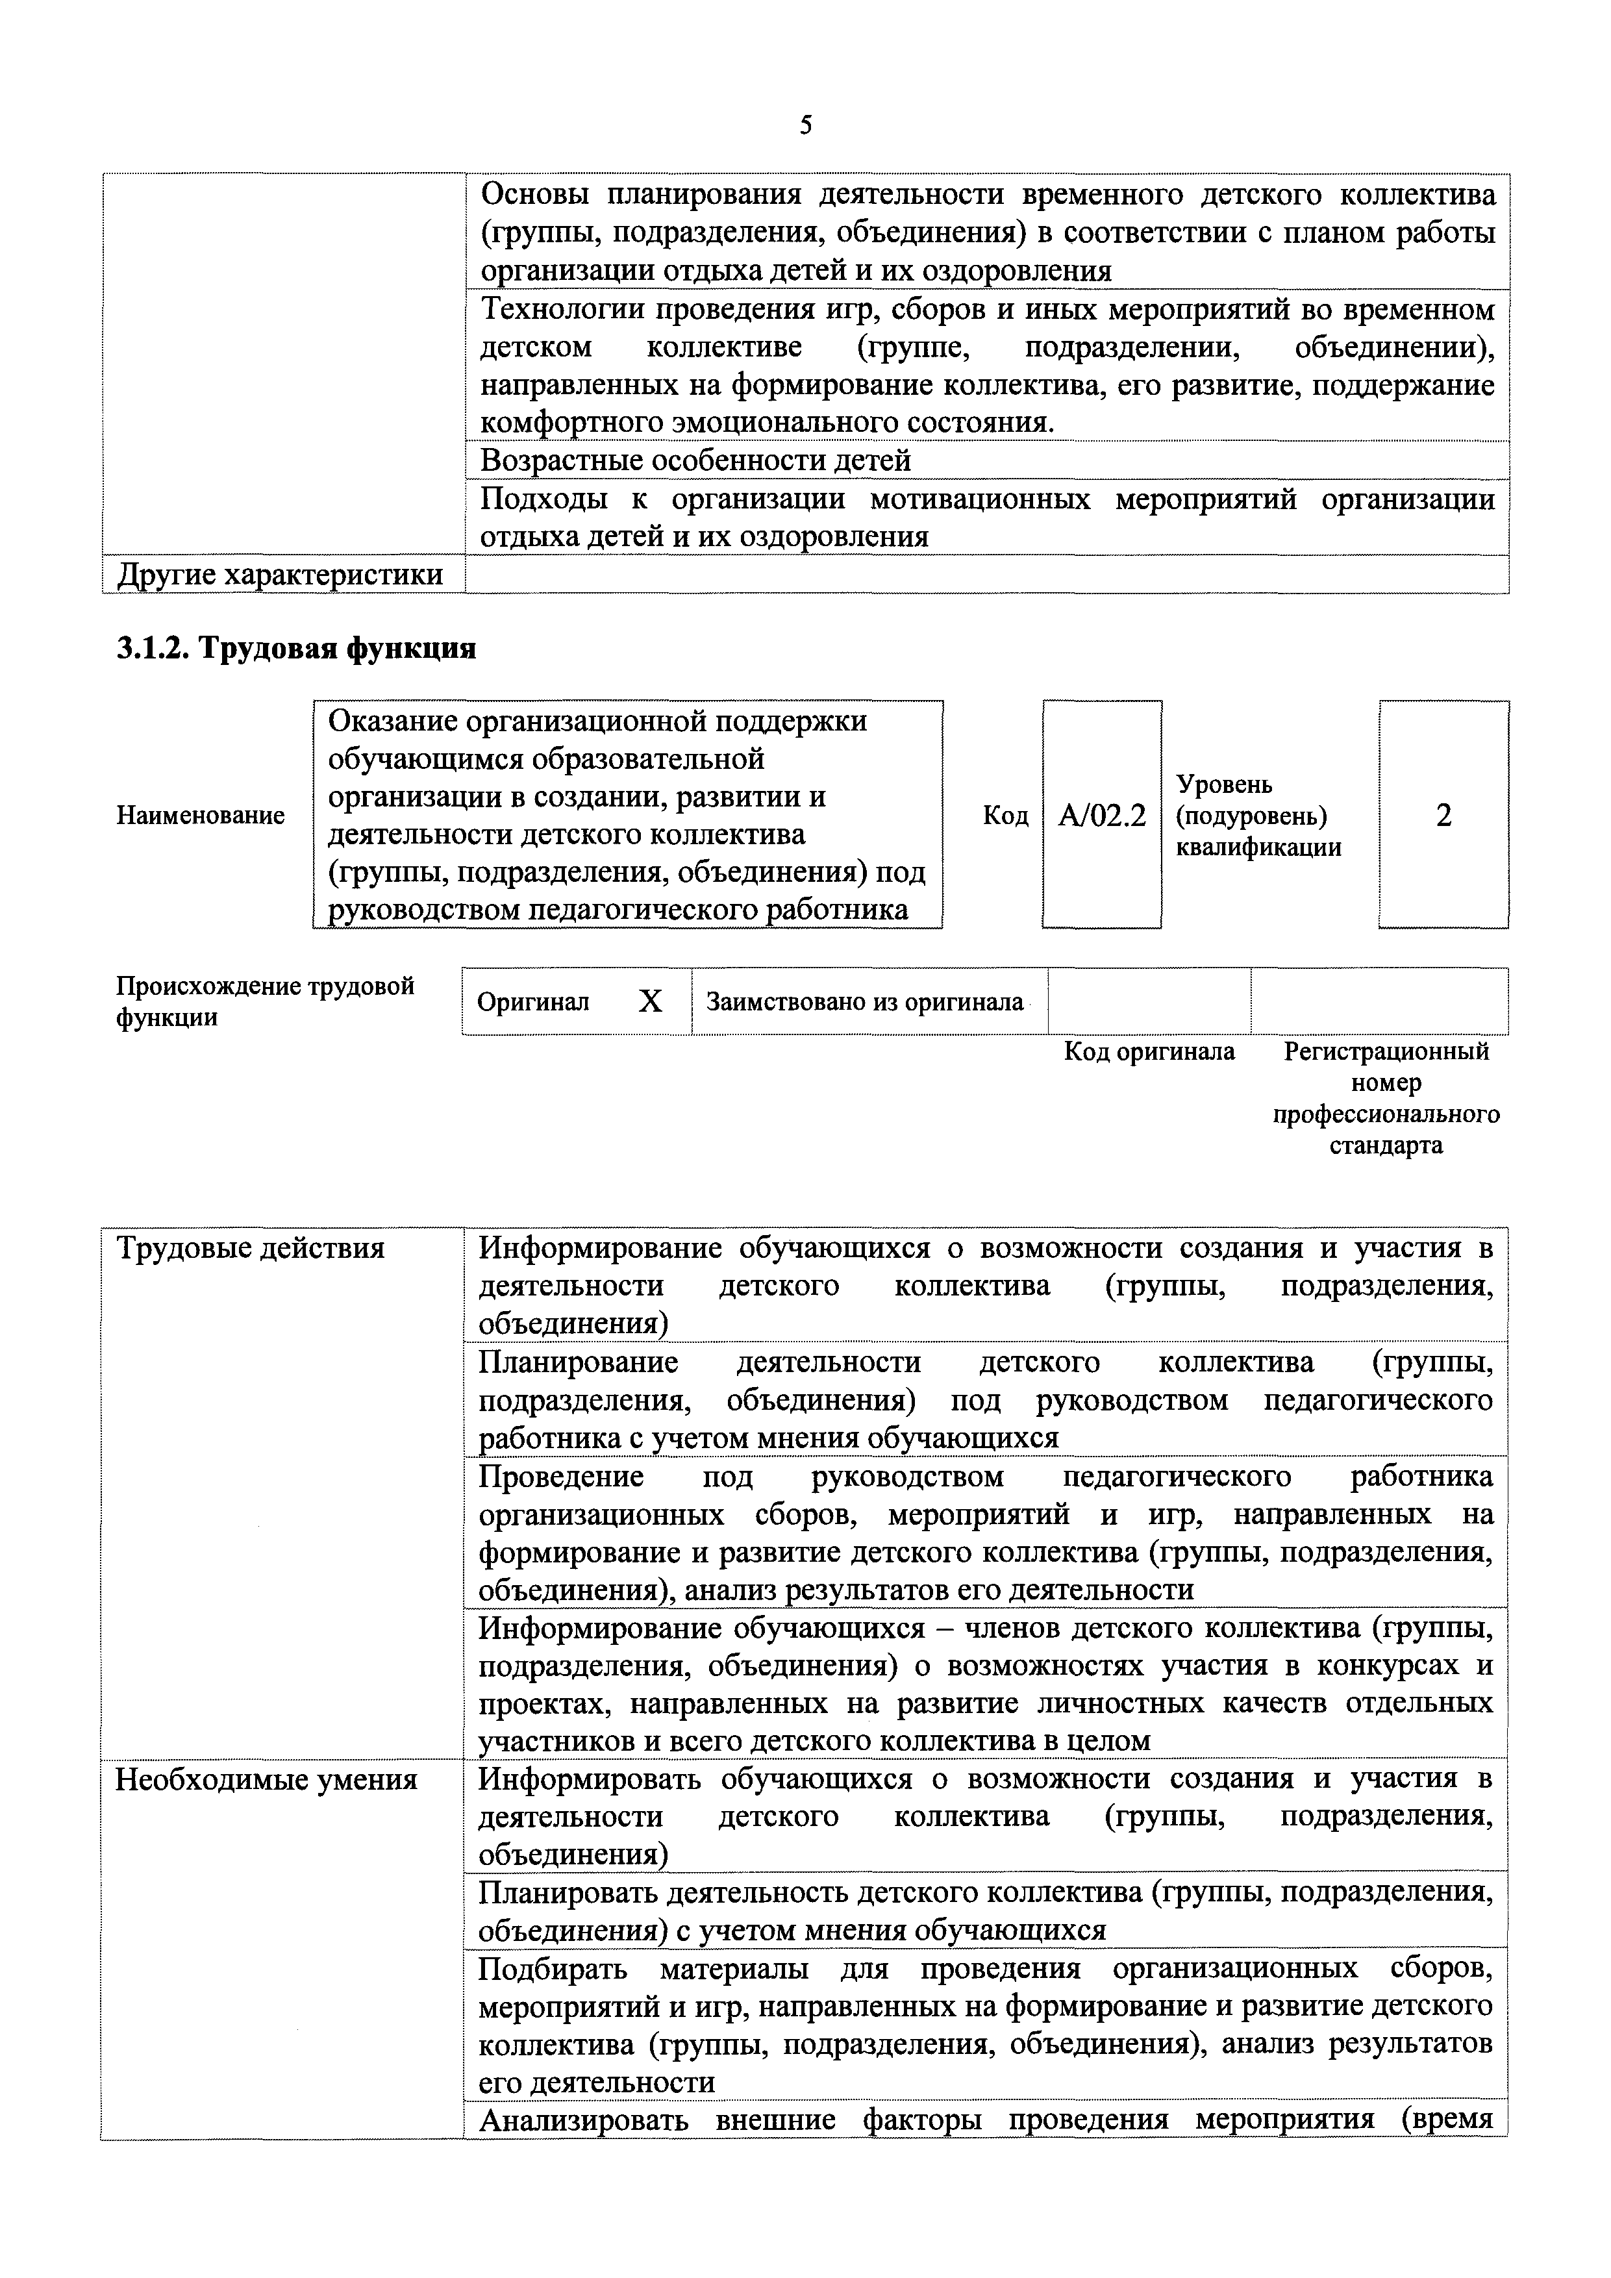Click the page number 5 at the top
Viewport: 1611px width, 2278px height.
pyautogui.click(x=805, y=126)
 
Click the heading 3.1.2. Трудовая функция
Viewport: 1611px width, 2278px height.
pyautogui.click(x=295, y=648)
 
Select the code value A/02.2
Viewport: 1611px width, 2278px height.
pyautogui.click(x=1101, y=816)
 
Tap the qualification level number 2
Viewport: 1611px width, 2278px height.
pyautogui.click(x=1443, y=816)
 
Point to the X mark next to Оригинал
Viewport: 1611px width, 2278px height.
pyautogui.click(x=650, y=1002)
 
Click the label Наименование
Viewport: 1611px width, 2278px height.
pyautogui.click(x=201, y=816)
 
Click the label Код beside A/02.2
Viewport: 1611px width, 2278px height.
pyautogui.click(x=1005, y=816)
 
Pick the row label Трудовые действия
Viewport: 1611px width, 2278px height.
pyautogui.click(x=250, y=1247)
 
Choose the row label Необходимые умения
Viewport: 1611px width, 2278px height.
pyautogui.click(x=266, y=1779)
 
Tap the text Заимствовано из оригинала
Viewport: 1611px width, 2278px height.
pyautogui.click(x=864, y=1002)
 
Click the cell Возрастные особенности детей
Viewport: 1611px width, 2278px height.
pyautogui.click(x=695, y=460)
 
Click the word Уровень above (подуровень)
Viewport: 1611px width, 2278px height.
pyautogui.click(x=1224, y=784)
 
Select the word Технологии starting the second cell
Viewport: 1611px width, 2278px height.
pyautogui.click(x=560, y=310)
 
